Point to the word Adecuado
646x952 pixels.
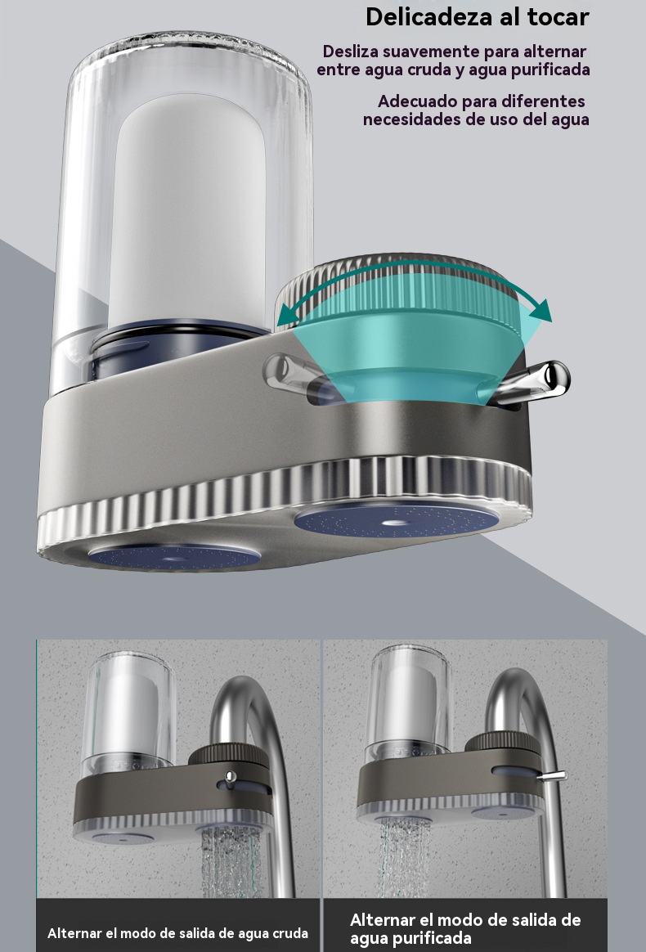[416, 101]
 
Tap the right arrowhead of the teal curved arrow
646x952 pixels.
[541, 310]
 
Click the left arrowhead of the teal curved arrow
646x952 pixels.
[285, 316]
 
